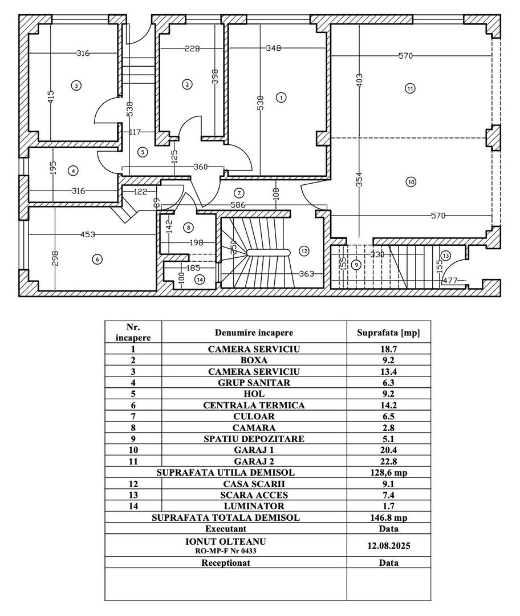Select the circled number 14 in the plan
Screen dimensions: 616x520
point(199,279)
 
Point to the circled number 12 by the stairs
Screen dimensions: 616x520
point(303,250)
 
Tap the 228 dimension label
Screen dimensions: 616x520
point(192,49)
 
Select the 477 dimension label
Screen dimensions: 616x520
point(450,280)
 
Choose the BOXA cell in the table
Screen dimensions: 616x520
point(254,360)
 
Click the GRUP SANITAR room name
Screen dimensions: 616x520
point(254,383)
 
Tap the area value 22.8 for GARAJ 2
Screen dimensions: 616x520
point(388,461)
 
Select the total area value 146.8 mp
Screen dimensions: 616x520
point(388,517)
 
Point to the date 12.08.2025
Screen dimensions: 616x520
point(388,545)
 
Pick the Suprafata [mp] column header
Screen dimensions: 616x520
point(388,332)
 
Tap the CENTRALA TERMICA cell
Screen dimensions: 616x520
point(254,405)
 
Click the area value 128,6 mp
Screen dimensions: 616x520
point(388,473)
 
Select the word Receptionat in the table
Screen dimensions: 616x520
point(226,562)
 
